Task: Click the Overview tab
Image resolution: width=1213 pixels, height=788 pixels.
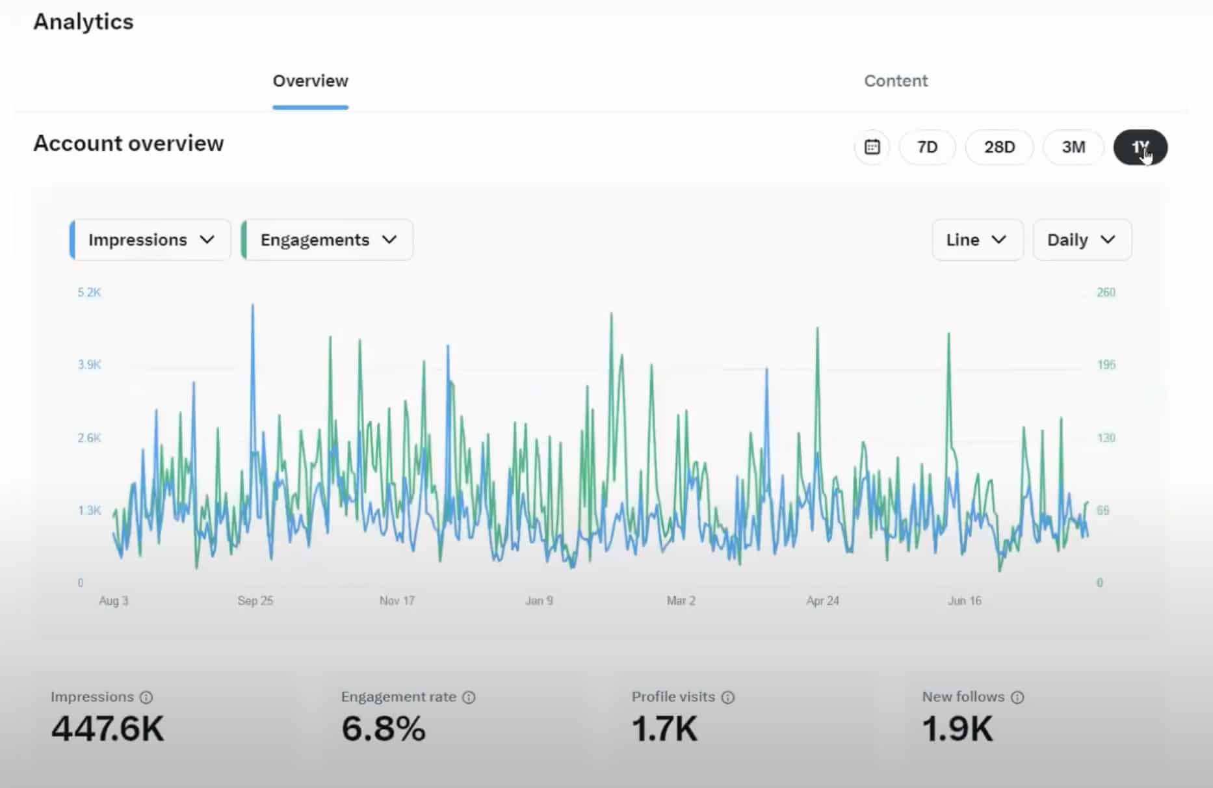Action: pos(310,81)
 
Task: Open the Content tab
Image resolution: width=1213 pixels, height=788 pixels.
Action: pos(895,81)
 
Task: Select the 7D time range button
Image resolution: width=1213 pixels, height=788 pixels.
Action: pos(927,148)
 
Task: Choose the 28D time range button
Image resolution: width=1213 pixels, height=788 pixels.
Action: pos(999,148)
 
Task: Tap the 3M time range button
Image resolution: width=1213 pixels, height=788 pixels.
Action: pos(1073,148)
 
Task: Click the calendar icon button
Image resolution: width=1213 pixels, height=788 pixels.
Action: pos(872,148)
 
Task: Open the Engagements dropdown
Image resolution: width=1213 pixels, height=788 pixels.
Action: pos(328,240)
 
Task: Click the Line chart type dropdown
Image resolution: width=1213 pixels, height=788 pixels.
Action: pos(976,240)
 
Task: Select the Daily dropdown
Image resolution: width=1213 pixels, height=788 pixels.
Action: pos(1082,240)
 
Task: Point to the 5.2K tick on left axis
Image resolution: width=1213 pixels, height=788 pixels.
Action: pos(89,293)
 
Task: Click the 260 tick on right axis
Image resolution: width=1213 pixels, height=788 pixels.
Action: pos(1106,293)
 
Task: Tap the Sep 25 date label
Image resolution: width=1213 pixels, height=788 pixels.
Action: pos(255,601)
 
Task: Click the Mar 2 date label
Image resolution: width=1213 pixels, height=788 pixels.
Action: pos(681,601)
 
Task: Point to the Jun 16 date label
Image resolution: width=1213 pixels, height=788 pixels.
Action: pos(964,601)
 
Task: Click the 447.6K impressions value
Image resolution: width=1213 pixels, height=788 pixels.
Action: pos(108,728)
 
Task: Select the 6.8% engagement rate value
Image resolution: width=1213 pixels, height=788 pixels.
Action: pos(384,728)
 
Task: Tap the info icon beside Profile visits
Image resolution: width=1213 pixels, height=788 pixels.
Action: pos(728,698)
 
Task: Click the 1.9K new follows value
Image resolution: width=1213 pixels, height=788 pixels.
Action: pos(958,728)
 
